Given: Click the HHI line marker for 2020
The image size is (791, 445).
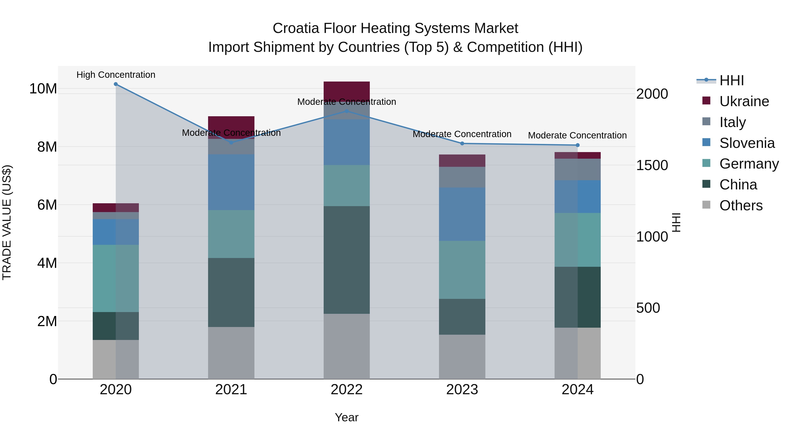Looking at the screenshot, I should (x=116, y=84).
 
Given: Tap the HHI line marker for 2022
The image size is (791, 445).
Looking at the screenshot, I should (x=347, y=111).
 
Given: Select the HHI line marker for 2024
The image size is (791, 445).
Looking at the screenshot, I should (x=578, y=145).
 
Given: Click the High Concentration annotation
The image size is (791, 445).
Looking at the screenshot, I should (x=116, y=75).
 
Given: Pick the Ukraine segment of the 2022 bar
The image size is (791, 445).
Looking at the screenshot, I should (x=347, y=91).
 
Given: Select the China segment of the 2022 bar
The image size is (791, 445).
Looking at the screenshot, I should (x=347, y=260).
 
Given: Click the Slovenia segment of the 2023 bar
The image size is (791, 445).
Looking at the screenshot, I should (x=462, y=214).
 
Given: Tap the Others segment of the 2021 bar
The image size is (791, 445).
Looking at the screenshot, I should (x=231, y=353).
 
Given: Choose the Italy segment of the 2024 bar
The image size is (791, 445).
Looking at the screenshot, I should (x=578, y=169).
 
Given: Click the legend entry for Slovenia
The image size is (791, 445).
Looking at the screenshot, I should (x=746, y=143).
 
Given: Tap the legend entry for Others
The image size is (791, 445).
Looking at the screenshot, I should (x=741, y=205).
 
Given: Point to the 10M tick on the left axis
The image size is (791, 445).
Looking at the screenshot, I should (x=43, y=89).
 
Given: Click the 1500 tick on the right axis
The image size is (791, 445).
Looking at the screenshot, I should (x=652, y=165).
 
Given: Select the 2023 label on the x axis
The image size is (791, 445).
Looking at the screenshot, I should (x=462, y=390).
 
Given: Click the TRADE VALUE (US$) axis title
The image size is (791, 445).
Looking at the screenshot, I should (x=7, y=222).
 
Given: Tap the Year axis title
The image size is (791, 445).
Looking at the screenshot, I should (x=347, y=417).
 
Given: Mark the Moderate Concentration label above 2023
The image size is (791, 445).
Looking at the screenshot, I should (x=462, y=134).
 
